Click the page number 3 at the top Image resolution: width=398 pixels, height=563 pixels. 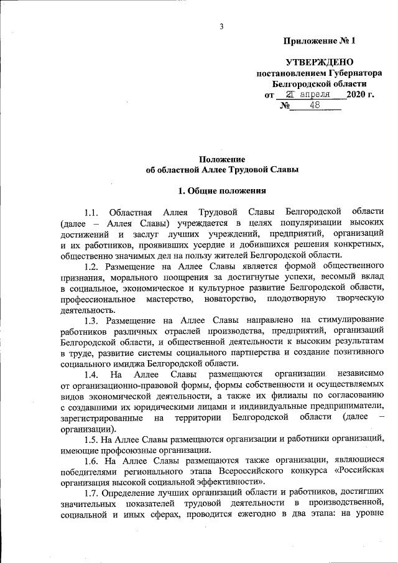pos(221,26)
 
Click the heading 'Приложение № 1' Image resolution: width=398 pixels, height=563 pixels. pos(319,42)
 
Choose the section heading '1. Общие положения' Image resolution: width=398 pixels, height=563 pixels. pos(222,190)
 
